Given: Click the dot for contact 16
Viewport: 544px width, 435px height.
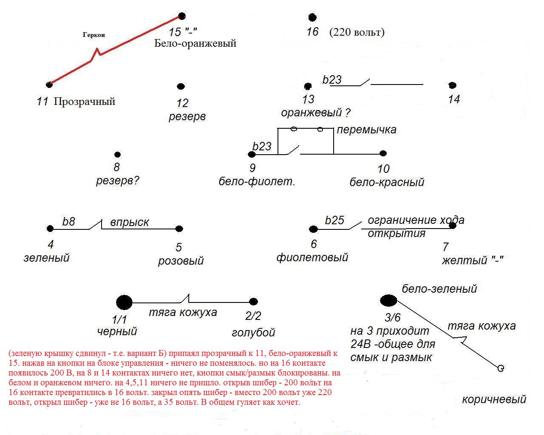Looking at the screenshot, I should [x=312, y=17].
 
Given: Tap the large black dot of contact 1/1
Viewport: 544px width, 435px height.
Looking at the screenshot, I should [x=124, y=302].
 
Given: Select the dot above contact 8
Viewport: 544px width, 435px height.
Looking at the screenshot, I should [x=118, y=155].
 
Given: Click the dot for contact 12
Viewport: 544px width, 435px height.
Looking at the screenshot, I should [x=181, y=87].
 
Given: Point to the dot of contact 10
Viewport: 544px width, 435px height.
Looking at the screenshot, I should [x=383, y=153].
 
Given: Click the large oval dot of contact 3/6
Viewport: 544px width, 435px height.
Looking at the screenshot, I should [x=388, y=301].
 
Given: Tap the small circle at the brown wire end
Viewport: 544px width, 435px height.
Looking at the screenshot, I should [x=501, y=368].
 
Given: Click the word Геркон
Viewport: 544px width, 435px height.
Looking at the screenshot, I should [x=93, y=35].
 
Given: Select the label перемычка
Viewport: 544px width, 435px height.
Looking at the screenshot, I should [x=366, y=130].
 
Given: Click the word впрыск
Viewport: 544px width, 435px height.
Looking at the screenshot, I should [x=130, y=223].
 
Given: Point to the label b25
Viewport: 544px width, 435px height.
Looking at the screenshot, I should [x=334, y=220].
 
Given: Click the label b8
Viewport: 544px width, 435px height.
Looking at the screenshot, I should [x=68, y=222].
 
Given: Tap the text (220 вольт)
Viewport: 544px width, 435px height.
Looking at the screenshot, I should [x=357, y=32].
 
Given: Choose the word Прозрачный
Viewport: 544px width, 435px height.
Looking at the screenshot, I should [x=85, y=102].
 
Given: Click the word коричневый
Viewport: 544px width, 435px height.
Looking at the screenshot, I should [x=494, y=399].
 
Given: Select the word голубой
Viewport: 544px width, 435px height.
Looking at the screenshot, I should [x=253, y=333].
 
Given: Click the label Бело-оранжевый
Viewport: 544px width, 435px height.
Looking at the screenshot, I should [x=195, y=43].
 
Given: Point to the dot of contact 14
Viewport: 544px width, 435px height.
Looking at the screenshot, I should [x=453, y=86].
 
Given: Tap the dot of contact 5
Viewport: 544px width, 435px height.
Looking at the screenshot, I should [x=179, y=229].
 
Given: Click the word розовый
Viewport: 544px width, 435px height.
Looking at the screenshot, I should [x=181, y=260].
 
